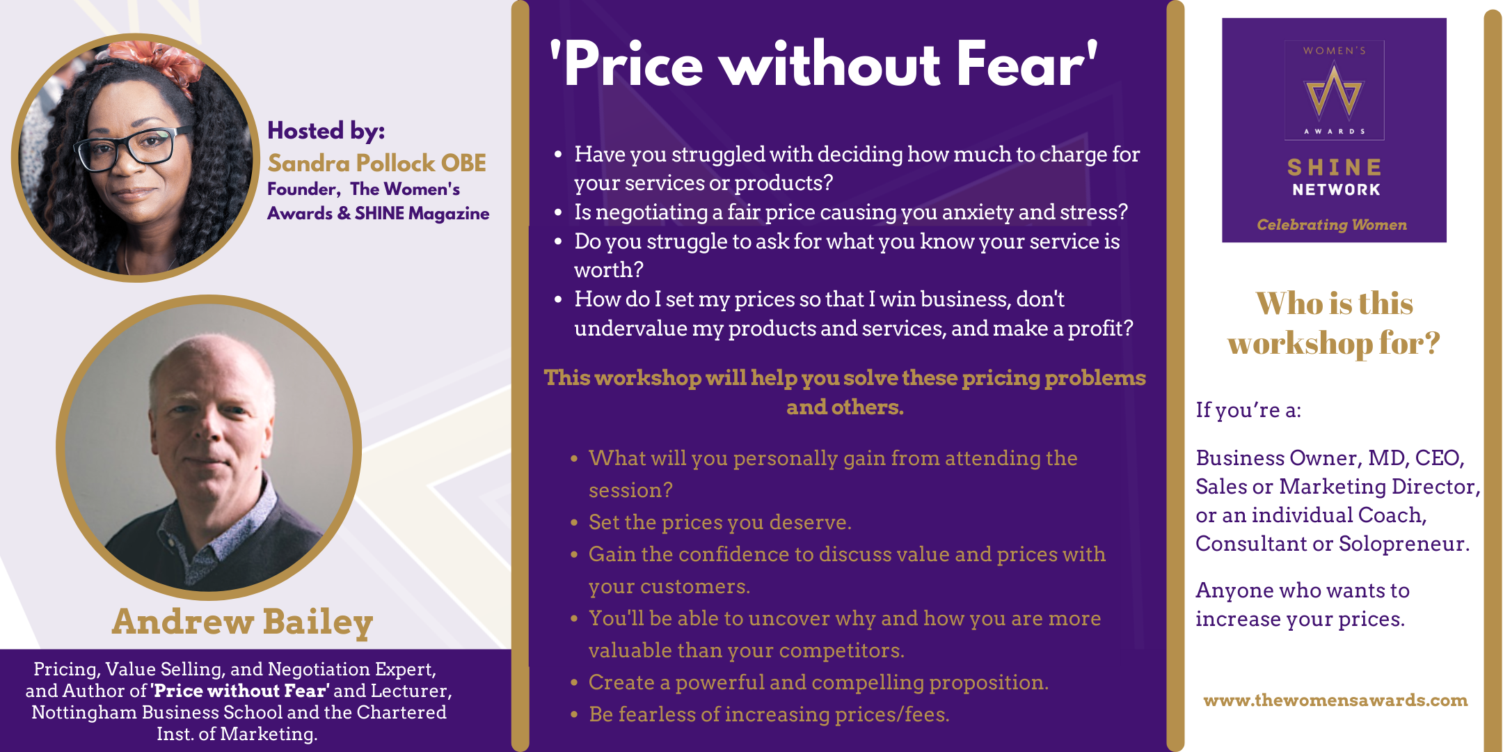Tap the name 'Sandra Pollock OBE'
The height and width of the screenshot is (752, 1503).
[377, 163]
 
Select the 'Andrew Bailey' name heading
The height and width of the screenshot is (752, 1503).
[243, 622]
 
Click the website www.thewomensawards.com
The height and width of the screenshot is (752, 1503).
[1335, 700]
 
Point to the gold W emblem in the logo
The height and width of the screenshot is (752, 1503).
[1334, 93]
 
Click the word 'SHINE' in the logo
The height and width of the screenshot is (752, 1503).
[1335, 167]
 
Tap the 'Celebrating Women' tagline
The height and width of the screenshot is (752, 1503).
[1332, 225]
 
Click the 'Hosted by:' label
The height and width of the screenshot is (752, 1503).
[326, 131]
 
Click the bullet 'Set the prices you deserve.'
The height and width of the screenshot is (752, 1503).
[720, 522]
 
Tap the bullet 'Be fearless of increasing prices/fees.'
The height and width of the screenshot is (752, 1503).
[769, 714]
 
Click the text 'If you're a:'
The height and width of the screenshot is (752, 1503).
[1248, 410]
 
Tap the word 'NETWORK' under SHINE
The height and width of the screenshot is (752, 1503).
[1336, 189]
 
